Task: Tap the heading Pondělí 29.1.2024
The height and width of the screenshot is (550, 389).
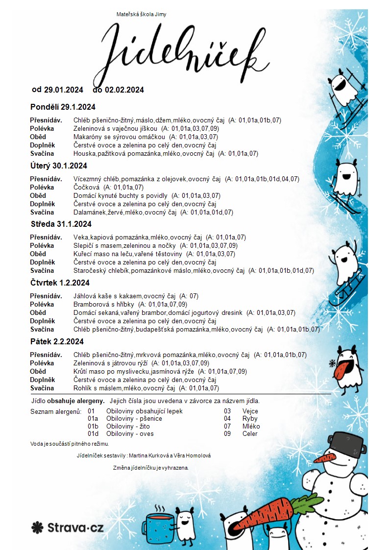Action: tap(63, 107)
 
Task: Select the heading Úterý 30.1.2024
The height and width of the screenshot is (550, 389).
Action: tap(59, 166)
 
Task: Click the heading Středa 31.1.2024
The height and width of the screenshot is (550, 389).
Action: tap(61, 224)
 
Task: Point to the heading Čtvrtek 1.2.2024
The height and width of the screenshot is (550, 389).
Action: tap(60, 283)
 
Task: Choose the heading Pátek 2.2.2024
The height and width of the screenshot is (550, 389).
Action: tap(57, 342)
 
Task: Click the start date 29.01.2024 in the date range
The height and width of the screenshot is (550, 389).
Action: tap(64, 90)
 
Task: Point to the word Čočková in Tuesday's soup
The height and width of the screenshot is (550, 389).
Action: tap(86, 187)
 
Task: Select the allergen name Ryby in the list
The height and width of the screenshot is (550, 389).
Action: tap(250, 419)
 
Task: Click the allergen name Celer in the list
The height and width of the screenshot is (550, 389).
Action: tap(250, 434)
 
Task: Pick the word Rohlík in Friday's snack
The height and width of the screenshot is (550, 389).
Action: tap(82, 388)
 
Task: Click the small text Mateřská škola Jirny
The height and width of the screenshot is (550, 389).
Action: tap(141, 14)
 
